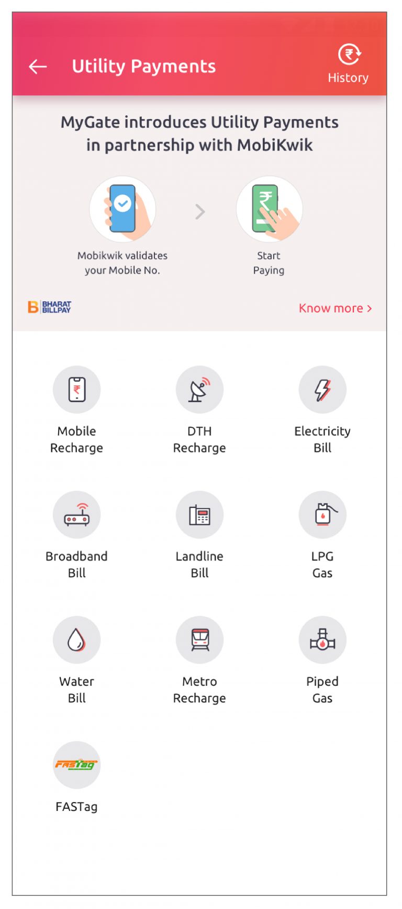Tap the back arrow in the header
click(38, 67)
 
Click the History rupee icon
click(349, 55)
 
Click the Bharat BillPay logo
click(50, 307)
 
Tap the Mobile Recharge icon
click(76, 389)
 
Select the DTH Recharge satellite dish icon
click(199, 389)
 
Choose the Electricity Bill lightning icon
click(322, 389)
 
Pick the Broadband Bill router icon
click(76, 515)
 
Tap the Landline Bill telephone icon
click(199, 515)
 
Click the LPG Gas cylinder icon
click(322, 515)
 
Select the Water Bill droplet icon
click(76, 640)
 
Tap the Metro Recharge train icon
click(199, 640)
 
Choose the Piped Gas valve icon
click(322, 640)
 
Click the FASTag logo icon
click(76, 765)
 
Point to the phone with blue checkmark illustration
click(123, 209)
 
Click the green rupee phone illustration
click(269, 209)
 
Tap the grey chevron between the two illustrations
click(200, 212)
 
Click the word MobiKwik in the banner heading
click(275, 145)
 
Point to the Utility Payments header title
click(144, 67)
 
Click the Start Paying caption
click(269, 263)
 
